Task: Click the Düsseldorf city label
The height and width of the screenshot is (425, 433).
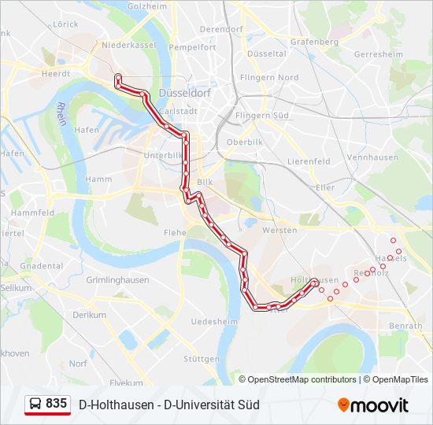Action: point(182,92)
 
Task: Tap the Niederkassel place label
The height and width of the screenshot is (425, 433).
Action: point(130,45)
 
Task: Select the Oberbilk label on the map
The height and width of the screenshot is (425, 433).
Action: point(243,142)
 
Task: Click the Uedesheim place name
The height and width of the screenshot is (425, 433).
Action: point(215,322)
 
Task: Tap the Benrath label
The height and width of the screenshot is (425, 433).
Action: point(406,325)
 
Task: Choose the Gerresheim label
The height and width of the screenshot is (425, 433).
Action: point(379,55)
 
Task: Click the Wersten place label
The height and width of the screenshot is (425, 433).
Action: point(280,230)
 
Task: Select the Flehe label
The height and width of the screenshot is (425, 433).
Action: point(175,232)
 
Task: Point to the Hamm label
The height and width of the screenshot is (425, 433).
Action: point(98,179)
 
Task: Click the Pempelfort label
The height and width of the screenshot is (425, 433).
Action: point(191,48)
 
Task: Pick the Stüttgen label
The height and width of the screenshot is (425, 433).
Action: point(202,359)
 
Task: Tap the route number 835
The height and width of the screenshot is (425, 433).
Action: point(56,404)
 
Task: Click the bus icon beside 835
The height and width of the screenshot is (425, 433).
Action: point(35,405)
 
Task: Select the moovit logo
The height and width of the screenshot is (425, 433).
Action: point(373,405)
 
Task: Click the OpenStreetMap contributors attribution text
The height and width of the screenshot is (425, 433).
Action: point(302,379)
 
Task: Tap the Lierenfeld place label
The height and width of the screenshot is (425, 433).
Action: point(309,161)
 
